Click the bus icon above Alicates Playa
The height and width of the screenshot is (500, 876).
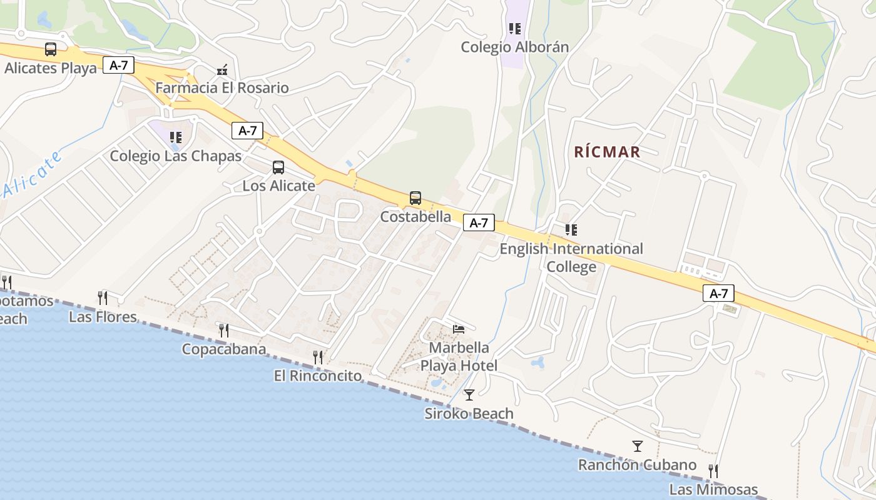coord(51,49)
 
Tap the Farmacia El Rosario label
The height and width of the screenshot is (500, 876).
coord(222,87)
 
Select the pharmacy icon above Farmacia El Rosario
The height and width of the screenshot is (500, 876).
coord(222,71)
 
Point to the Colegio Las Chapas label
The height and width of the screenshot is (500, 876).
coord(176,156)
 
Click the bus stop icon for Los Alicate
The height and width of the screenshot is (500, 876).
coord(278,167)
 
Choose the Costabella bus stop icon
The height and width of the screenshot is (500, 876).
coord(415,198)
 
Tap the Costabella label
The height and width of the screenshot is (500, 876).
coord(416,217)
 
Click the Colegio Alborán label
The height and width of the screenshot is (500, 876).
coord(515,47)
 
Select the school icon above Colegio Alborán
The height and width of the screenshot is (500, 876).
coord(515,29)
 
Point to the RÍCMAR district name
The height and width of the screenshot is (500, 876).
coord(607,152)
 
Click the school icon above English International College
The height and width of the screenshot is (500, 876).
coord(571,230)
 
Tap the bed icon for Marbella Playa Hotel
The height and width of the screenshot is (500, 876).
coord(459,329)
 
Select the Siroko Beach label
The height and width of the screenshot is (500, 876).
coord(469,414)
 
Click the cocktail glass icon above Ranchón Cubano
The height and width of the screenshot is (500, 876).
coord(638,446)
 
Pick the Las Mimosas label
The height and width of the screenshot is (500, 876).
coord(713,489)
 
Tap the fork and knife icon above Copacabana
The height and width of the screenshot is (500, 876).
coord(223,330)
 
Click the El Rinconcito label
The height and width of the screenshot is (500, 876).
coord(318,376)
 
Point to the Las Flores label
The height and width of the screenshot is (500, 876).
coord(103,317)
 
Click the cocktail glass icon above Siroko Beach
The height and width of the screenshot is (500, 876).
coord(469,395)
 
